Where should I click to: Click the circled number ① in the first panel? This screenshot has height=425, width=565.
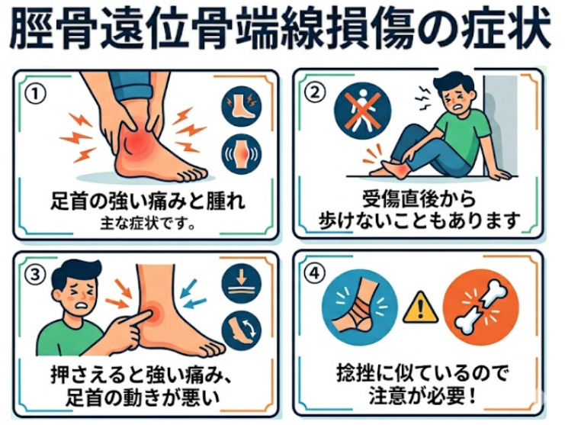click(35, 94)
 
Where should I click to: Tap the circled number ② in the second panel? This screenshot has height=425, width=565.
click(315, 92)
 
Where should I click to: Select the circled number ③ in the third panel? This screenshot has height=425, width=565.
click(35, 275)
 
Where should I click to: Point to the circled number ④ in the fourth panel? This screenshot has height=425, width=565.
click(315, 273)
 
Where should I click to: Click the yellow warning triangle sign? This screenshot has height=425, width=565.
click(420, 308)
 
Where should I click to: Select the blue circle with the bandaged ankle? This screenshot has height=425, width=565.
click(360, 309)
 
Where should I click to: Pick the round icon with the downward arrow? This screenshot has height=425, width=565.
click(241, 286)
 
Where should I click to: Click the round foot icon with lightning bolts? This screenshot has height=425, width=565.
click(241, 106)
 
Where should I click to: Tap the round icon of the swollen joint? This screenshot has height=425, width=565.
click(241, 154)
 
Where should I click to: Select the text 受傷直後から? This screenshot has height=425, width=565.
click(419, 200)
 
